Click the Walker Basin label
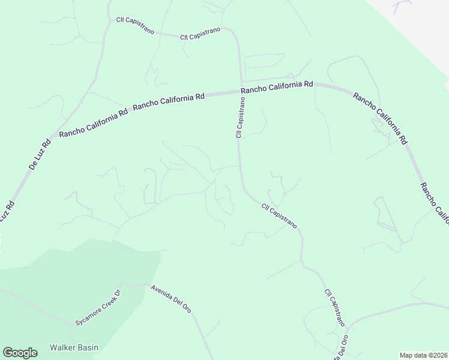(74, 347)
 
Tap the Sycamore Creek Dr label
(98, 307)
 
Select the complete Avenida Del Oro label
(171, 298)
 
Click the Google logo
(20, 353)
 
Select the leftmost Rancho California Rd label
(94, 123)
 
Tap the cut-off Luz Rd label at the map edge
(7, 212)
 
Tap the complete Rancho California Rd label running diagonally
(380, 118)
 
